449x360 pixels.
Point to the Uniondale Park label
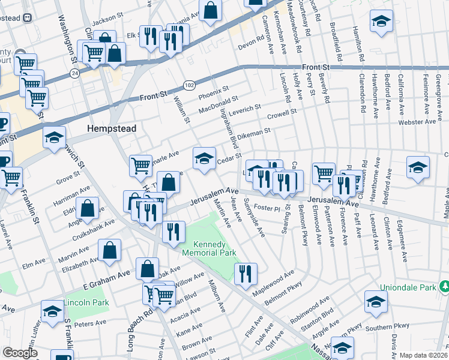[411, 287]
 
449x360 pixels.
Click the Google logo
[20, 353]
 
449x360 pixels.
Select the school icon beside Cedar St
[204, 159]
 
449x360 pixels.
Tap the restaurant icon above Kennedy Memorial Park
[173, 233]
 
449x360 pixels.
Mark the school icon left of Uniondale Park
[376, 302]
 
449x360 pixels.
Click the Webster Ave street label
[418, 122]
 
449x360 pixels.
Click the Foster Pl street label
[267, 208]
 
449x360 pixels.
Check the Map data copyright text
[423, 355]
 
